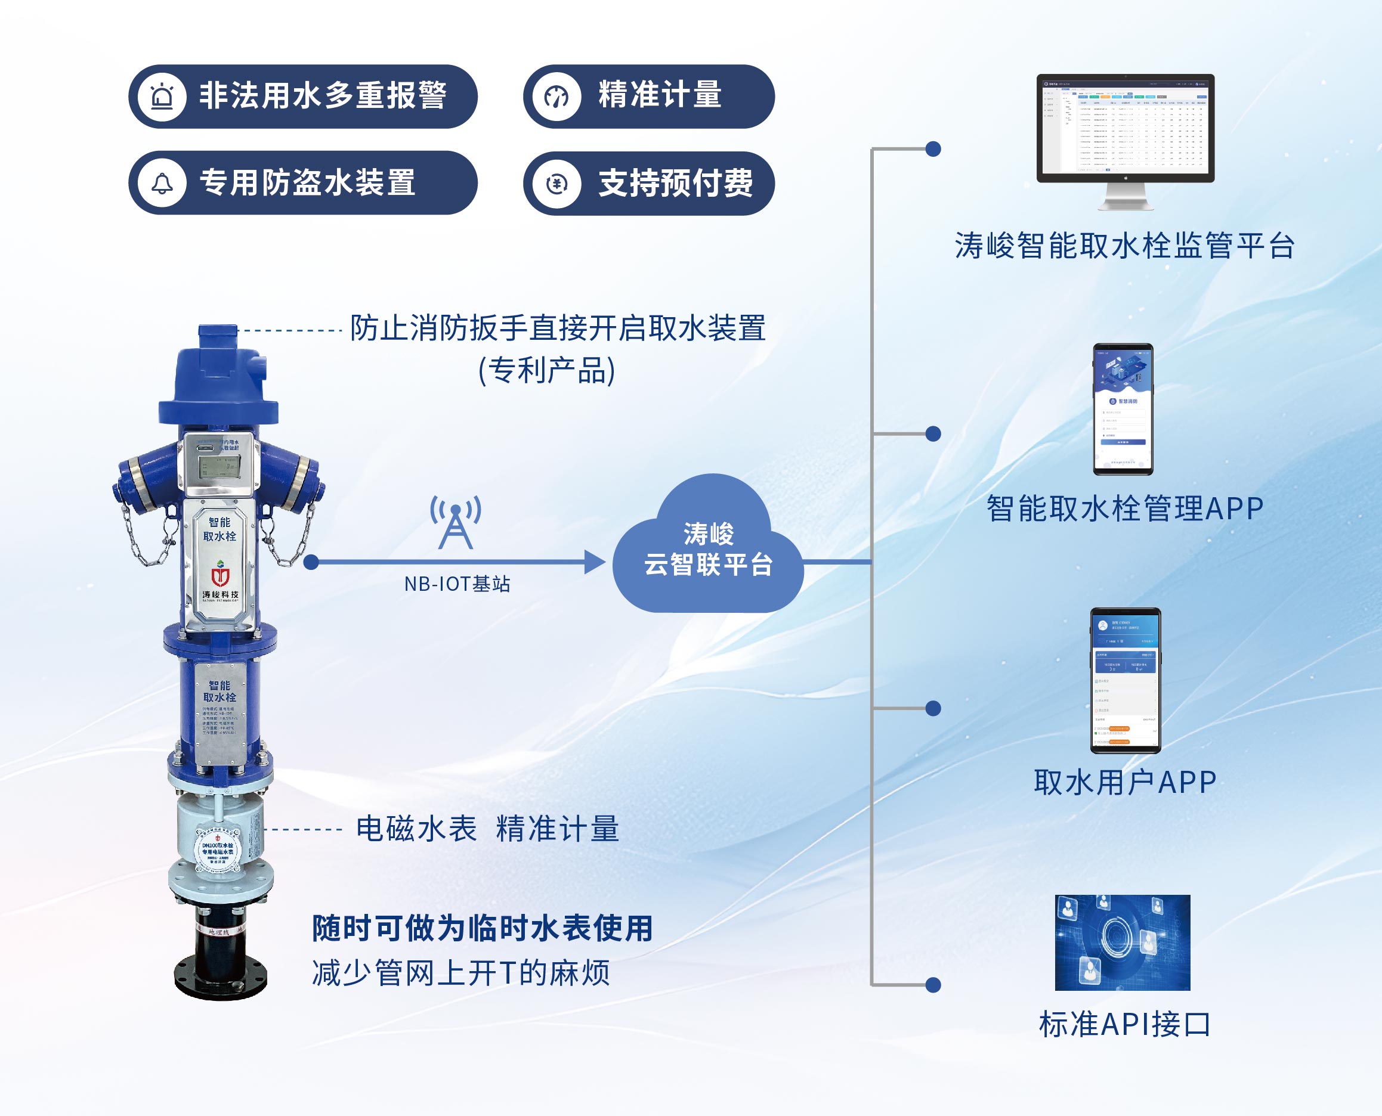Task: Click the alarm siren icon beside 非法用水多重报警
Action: point(162,97)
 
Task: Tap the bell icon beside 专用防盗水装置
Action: point(162,183)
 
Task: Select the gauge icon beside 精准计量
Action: point(557,97)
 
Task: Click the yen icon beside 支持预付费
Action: point(557,184)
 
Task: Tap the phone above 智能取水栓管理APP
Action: point(1123,409)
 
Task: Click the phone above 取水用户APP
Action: point(1125,680)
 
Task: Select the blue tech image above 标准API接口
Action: point(1122,943)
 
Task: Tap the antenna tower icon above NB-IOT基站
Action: point(455,522)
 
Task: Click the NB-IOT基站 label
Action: point(457,584)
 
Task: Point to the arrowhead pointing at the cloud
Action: point(594,562)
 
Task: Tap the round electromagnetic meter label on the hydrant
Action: point(218,851)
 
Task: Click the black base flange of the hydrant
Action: point(221,977)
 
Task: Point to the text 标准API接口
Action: point(1125,1024)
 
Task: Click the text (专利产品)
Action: point(548,371)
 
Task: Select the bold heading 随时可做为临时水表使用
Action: point(483,928)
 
